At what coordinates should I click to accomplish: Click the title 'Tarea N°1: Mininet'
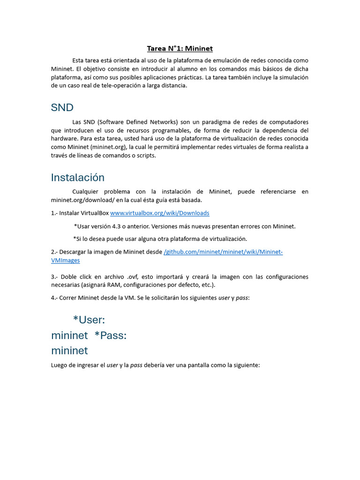pos(180,48)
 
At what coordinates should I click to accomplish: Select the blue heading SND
pos(62,107)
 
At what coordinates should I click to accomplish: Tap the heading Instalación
pos(77,177)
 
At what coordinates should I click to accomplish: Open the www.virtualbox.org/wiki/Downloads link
pos(159,213)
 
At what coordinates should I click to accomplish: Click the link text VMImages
pos(65,260)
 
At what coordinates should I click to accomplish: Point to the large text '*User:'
pos(89,320)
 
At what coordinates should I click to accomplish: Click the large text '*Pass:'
pos(110,335)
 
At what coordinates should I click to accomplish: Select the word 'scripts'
pos(144,156)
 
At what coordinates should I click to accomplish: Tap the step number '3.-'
pos(55,277)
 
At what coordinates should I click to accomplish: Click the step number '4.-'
pos(55,298)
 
